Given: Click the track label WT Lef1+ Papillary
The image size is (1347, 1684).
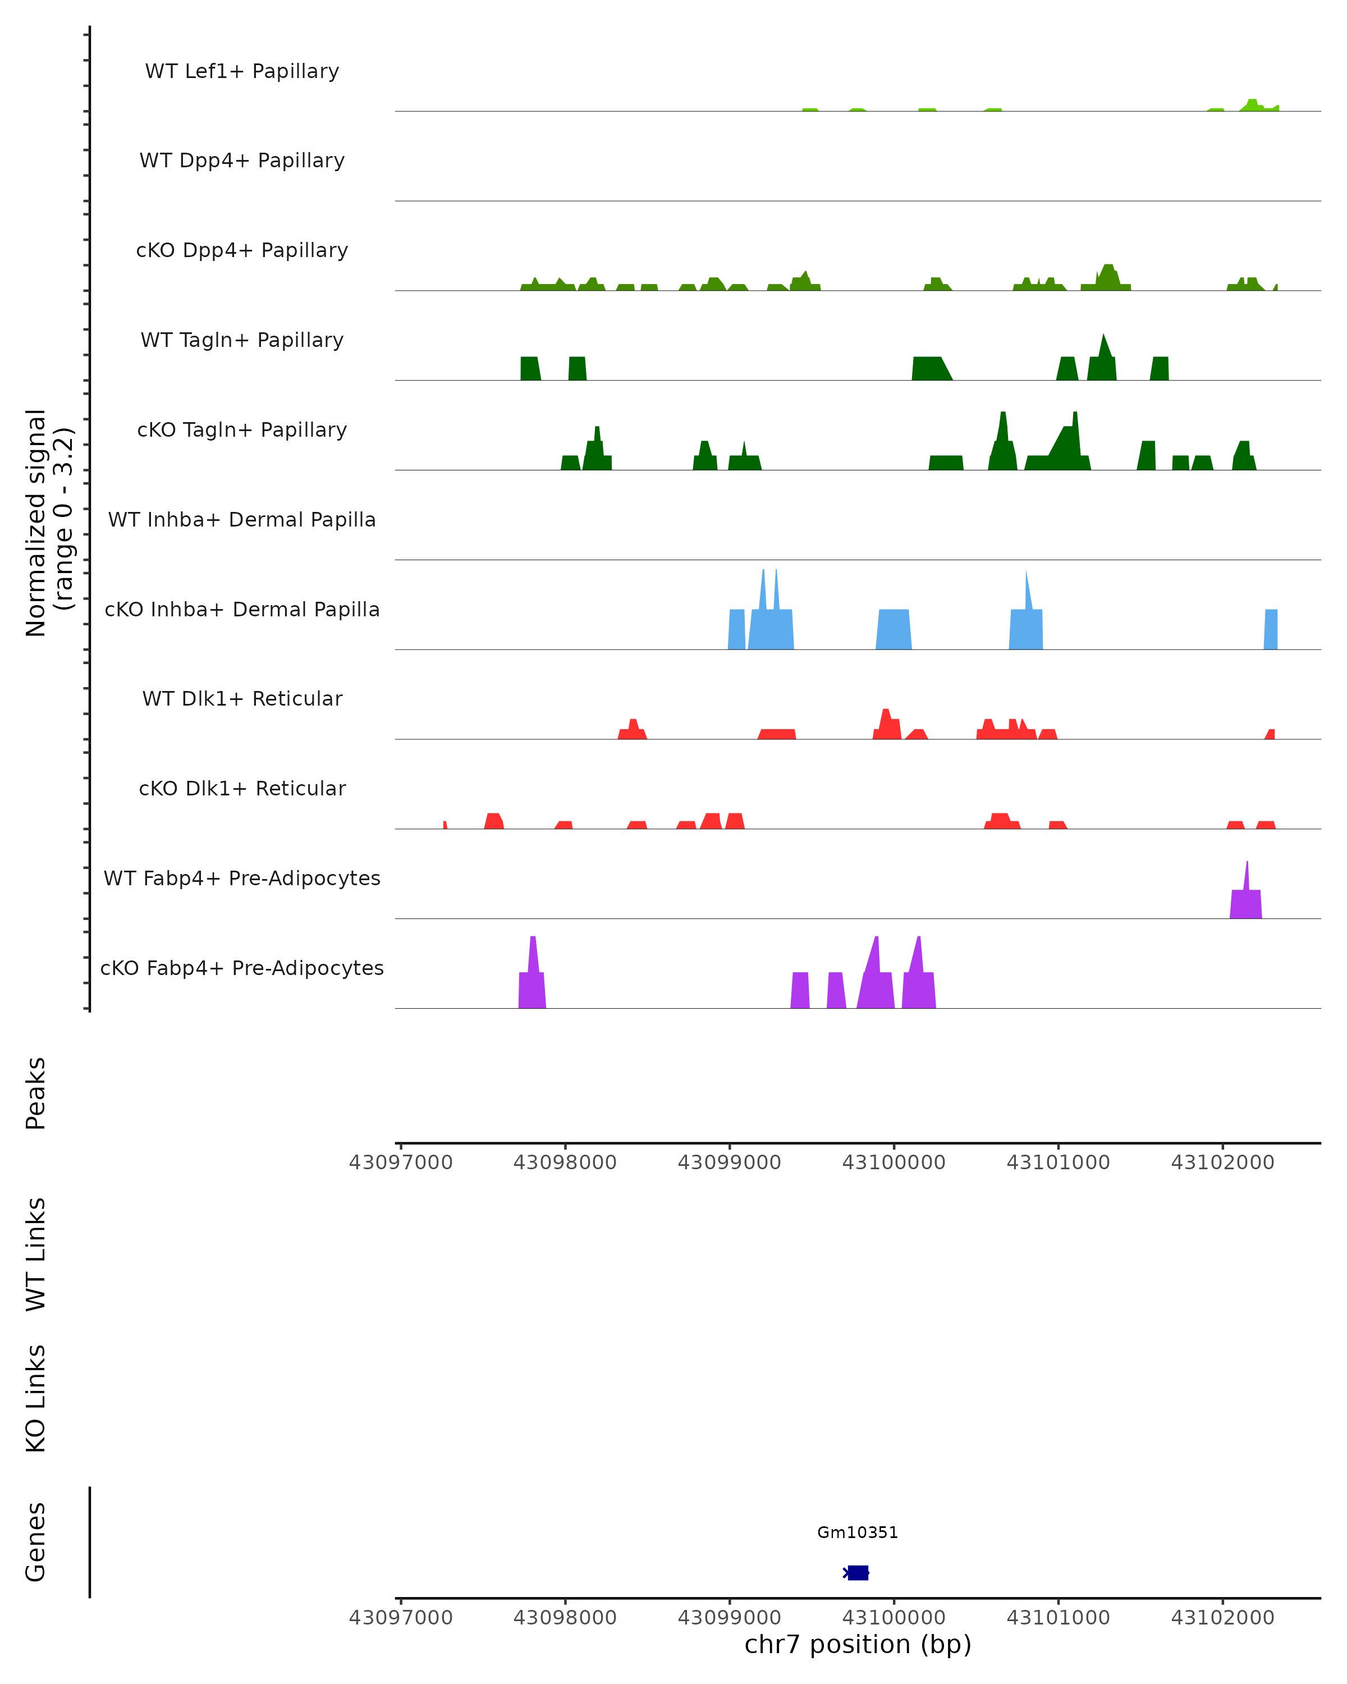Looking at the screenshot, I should click(242, 71).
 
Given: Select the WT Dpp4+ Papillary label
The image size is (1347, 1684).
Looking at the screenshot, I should click(242, 161).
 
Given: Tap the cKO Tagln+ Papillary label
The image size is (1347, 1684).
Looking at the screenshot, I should click(242, 431).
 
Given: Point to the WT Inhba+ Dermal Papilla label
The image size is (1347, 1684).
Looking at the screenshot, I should click(242, 520).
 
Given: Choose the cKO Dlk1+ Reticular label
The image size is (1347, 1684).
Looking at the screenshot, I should click(242, 789).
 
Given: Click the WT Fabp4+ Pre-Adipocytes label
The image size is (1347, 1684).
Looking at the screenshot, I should click(242, 878).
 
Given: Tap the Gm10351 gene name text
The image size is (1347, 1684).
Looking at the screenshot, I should click(858, 1532).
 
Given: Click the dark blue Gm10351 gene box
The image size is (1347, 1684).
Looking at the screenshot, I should click(858, 1572).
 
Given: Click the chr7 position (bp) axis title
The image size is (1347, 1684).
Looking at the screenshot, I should click(858, 1645).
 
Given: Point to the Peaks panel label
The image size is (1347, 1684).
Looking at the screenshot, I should click(36, 1093).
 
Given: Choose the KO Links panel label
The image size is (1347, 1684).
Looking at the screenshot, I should click(36, 1398).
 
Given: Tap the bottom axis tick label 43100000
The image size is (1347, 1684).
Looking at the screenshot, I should click(894, 1618).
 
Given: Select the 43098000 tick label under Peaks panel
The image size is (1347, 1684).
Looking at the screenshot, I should click(565, 1163).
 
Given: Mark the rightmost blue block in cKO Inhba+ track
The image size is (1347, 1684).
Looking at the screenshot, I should click(1271, 629).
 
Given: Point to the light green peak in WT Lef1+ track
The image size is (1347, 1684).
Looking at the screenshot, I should click(1252, 106).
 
